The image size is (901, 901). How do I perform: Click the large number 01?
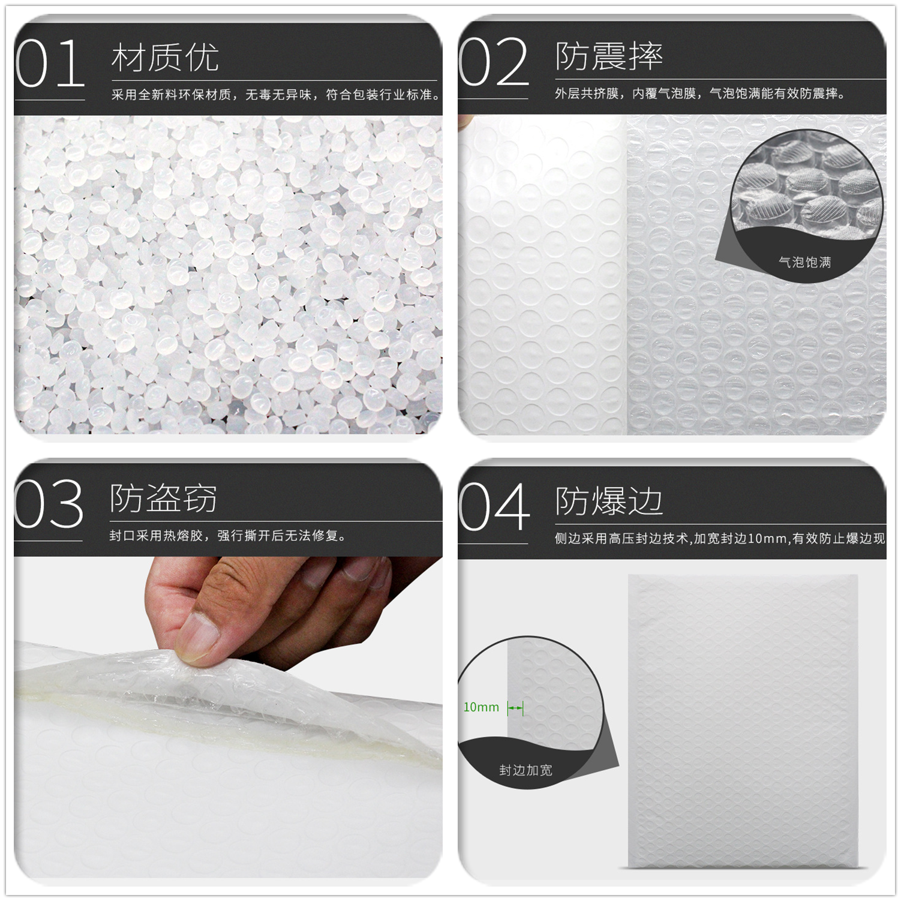click(50, 64)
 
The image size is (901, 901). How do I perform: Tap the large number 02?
click(493, 62)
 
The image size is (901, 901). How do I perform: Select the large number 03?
click(49, 504)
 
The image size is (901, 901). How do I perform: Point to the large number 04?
click(494, 507)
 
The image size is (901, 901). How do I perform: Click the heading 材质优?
click(165, 58)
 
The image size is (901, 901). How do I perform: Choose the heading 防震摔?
click(609, 56)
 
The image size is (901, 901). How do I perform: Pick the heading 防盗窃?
click(163, 498)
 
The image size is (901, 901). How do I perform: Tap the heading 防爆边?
click(609, 501)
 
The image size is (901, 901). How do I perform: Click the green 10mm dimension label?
click(481, 707)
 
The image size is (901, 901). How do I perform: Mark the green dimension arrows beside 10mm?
click(515, 708)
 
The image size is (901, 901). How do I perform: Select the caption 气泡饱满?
click(804, 262)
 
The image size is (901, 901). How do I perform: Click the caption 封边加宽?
click(525, 770)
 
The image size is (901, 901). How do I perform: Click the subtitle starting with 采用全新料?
click(276, 95)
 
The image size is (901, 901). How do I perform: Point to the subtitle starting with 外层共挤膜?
click(700, 94)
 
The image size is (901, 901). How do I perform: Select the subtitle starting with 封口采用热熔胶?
click(228, 536)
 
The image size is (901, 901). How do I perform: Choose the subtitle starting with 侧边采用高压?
click(720, 539)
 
